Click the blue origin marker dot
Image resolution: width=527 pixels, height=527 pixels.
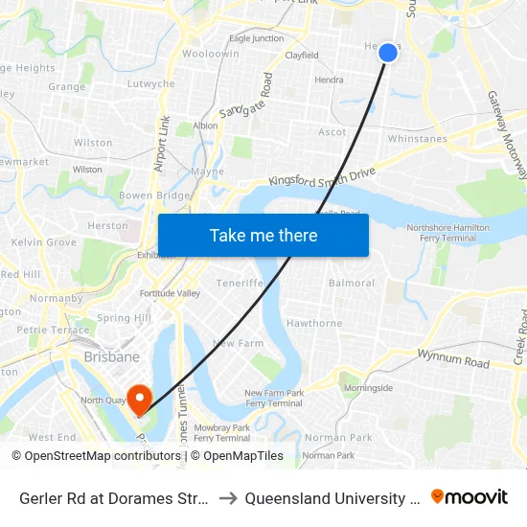388,53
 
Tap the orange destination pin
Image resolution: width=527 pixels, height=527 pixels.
140,398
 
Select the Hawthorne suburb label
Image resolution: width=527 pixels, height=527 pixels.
314,324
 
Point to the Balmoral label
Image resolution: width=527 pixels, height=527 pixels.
352,284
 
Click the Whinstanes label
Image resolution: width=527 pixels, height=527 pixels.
418,139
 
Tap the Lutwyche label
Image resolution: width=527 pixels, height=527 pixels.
151,84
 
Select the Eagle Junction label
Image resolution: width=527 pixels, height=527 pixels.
256,38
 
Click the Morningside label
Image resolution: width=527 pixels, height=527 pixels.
369,388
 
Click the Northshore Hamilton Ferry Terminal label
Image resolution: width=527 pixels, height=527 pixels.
442,233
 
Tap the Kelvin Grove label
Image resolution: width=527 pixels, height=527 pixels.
44,243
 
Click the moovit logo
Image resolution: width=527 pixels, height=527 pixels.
470,497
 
